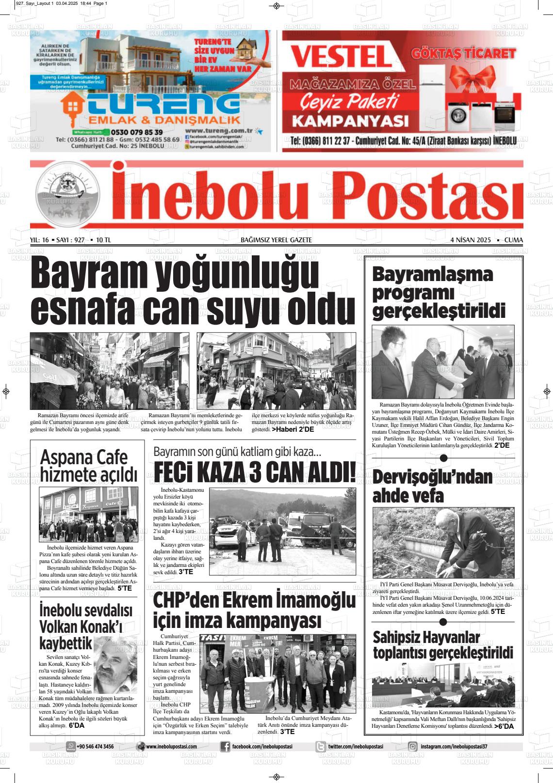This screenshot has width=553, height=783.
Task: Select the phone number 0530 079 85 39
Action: (x=137, y=132)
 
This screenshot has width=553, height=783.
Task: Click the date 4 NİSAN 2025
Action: (x=471, y=240)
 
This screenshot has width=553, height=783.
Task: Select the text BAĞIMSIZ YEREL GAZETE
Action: (x=276, y=240)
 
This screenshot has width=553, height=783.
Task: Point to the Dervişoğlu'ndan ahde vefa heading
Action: (x=432, y=486)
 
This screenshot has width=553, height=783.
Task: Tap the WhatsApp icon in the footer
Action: (x=71, y=747)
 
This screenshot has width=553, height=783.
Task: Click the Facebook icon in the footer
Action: (x=225, y=747)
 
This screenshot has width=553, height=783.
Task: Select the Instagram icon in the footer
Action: (x=413, y=747)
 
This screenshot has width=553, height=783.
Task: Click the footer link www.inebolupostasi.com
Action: (x=171, y=747)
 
